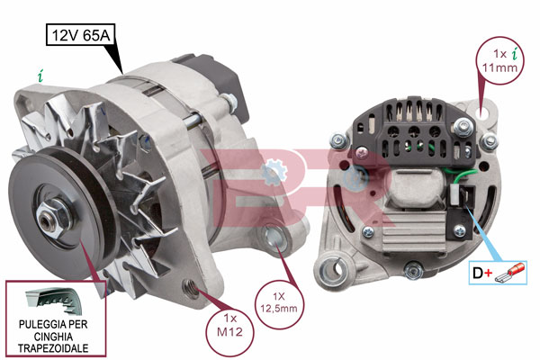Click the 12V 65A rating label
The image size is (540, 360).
click(x=81, y=35)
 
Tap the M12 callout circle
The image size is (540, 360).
click(x=229, y=332)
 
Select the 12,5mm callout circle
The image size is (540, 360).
click(x=279, y=302)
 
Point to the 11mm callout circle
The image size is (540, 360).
click(x=499, y=60)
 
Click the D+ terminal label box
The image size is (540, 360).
click(x=498, y=273)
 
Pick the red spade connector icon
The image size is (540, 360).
click(x=509, y=273)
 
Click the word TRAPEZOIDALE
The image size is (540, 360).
click(x=53, y=348)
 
